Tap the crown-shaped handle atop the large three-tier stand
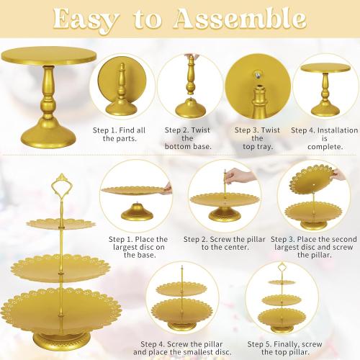point(61,184)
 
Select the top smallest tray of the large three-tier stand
point(61,224)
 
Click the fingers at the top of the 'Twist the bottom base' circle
point(191,58)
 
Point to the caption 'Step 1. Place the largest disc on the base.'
point(138,247)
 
